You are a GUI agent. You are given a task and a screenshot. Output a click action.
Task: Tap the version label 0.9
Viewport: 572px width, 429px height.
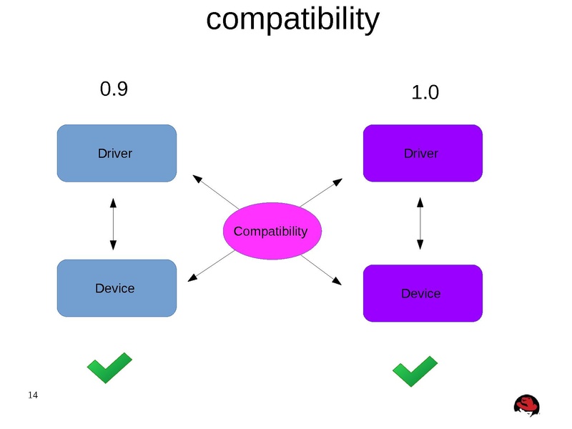coord(114,89)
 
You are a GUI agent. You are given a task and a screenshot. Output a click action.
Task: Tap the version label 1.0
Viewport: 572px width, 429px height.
coord(425,93)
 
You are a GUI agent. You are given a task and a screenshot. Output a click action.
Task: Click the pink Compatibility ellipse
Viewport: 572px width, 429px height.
coord(271,231)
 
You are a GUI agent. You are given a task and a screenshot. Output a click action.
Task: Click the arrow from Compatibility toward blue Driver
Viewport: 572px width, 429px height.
coord(215,191)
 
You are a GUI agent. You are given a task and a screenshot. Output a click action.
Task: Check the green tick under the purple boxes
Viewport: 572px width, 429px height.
coord(415,371)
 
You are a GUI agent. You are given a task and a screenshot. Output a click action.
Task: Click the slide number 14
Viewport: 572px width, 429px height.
coord(33,395)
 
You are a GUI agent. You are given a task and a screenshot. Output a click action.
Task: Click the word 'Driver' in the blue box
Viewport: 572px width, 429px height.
coord(114,153)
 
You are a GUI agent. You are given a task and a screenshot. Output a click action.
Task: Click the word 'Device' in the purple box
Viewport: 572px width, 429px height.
coord(420,294)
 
